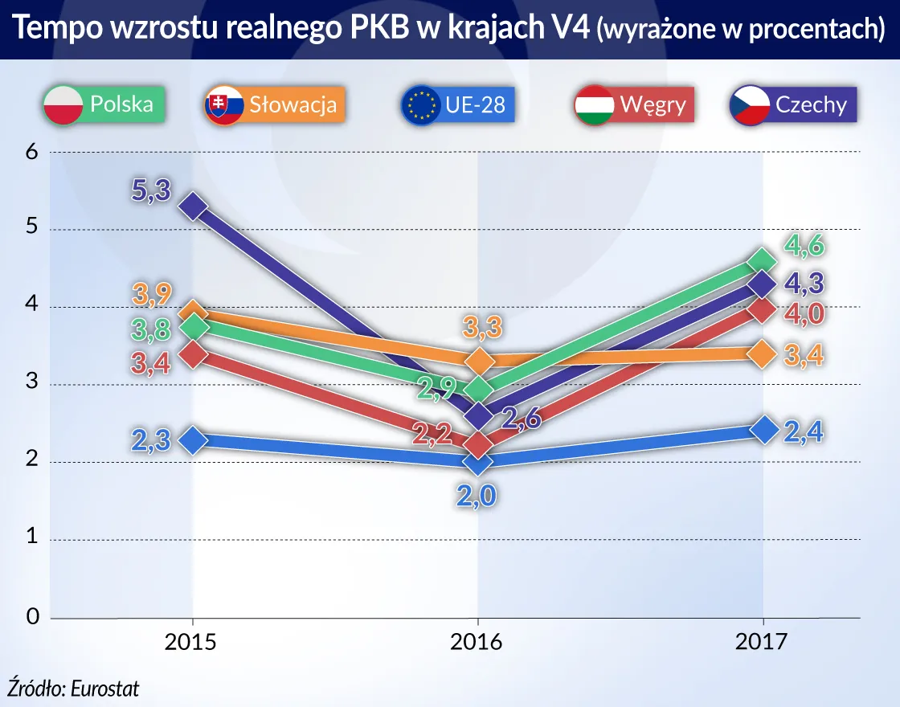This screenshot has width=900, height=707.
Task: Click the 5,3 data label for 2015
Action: [151, 192]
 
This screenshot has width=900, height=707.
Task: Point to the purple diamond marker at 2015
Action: [193, 207]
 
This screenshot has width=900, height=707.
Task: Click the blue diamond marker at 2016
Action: [479, 463]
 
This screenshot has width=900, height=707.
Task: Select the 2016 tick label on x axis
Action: [478, 642]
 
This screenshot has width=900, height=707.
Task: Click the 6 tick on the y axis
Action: [33, 152]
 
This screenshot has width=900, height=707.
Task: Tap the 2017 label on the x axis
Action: [763, 642]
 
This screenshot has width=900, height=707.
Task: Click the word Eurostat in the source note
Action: [104, 688]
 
